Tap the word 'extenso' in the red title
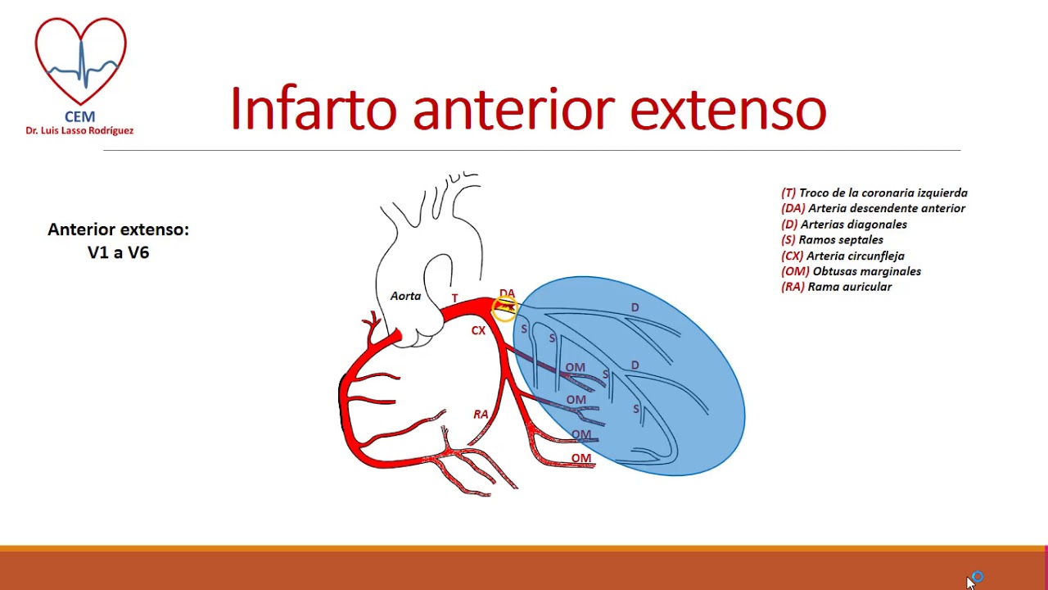[728, 109]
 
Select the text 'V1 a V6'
[118, 252]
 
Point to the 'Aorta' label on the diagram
[405, 296]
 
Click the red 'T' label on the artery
[454, 298]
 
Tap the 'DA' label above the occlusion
[507, 293]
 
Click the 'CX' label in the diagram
[478, 331]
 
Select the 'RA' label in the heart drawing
[481, 415]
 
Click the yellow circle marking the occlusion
[505, 308]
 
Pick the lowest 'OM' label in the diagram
[581, 458]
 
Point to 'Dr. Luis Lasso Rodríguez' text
[79, 130]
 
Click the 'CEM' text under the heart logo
[79, 116]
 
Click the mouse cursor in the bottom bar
[971, 582]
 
